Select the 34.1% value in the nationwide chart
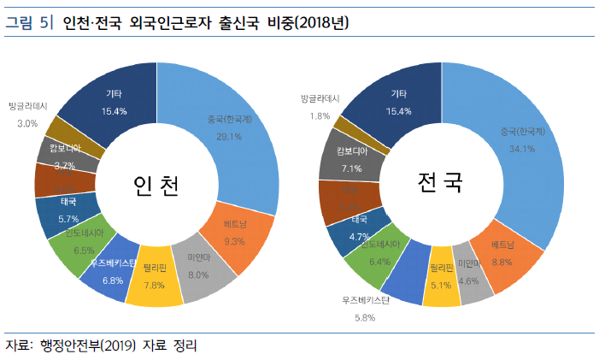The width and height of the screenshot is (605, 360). point(522,148)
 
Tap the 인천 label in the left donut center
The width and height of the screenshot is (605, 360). point(156,186)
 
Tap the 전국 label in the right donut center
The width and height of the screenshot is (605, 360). point(439,182)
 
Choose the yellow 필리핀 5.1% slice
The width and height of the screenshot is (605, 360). point(442,281)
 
